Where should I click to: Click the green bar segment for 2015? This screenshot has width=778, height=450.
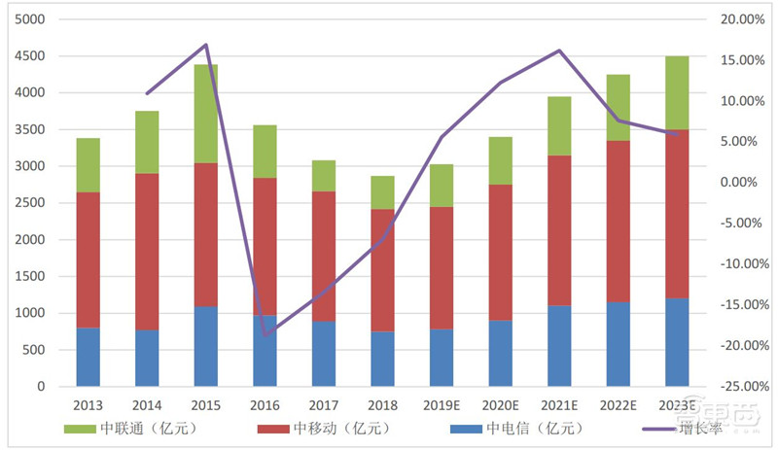(x=205, y=114)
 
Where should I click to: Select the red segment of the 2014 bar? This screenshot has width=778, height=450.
(x=147, y=252)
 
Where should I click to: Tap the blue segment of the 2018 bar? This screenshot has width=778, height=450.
(x=382, y=359)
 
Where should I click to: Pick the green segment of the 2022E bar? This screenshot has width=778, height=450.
(x=618, y=108)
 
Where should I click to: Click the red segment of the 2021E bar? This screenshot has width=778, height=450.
(x=559, y=230)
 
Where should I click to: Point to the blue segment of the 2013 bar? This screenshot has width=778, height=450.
(x=88, y=357)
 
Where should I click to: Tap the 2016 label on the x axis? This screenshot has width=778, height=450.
(x=265, y=404)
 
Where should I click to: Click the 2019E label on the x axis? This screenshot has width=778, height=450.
(x=441, y=404)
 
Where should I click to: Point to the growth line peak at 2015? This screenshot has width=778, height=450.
(x=206, y=45)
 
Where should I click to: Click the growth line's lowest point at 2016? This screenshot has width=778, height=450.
(x=264, y=336)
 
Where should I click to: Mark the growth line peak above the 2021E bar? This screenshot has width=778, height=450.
(x=559, y=51)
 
